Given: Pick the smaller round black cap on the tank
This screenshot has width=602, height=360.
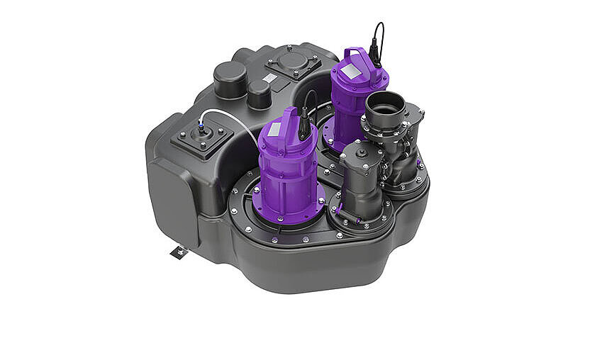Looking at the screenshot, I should (259, 92).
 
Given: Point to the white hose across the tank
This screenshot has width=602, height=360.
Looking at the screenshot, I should (234, 119).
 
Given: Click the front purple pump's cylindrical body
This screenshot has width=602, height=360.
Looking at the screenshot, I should (287, 174).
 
